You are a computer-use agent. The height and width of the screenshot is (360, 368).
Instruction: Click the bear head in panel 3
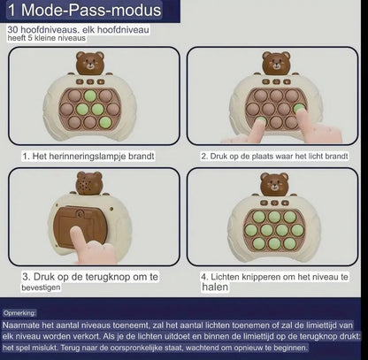[87, 188]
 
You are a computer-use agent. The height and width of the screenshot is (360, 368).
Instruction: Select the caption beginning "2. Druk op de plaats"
[273, 156]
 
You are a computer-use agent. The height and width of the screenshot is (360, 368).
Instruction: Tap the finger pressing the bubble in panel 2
[249, 128]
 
